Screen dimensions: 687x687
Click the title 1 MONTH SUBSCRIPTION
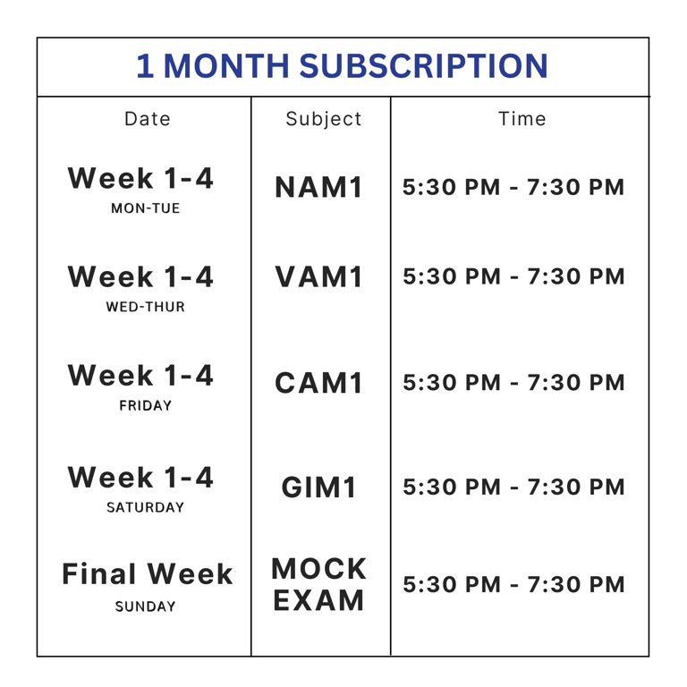[x=342, y=65]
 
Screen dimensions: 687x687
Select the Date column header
[x=148, y=119]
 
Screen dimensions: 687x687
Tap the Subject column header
[x=323, y=120]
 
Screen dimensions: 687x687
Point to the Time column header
[x=522, y=119]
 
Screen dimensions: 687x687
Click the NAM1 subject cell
[x=319, y=187]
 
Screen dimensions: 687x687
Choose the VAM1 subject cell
[x=319, y=277]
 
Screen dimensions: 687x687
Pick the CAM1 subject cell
[x=319, y=383]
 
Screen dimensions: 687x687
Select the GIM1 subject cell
[x=319, y=488]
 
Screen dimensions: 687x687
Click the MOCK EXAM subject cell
[x=319, y=584]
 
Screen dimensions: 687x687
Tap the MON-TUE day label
[x=146, y=208]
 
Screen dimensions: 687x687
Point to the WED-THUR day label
[x=146, y=307]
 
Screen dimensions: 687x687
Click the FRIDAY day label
[x=146, y=406]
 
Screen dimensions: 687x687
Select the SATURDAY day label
[x=146, y=507]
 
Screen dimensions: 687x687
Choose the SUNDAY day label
[x=146, y=606]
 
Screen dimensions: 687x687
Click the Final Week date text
[x=148, y=573]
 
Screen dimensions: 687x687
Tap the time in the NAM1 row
[x=513, y=187]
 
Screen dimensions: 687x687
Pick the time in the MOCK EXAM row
[x=513, y=584]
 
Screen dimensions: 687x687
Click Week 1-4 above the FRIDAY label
[x=140, y=376]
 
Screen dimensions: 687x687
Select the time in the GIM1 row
[x=513, y=488]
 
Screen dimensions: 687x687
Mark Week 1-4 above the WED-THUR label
[x=140, y=277]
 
